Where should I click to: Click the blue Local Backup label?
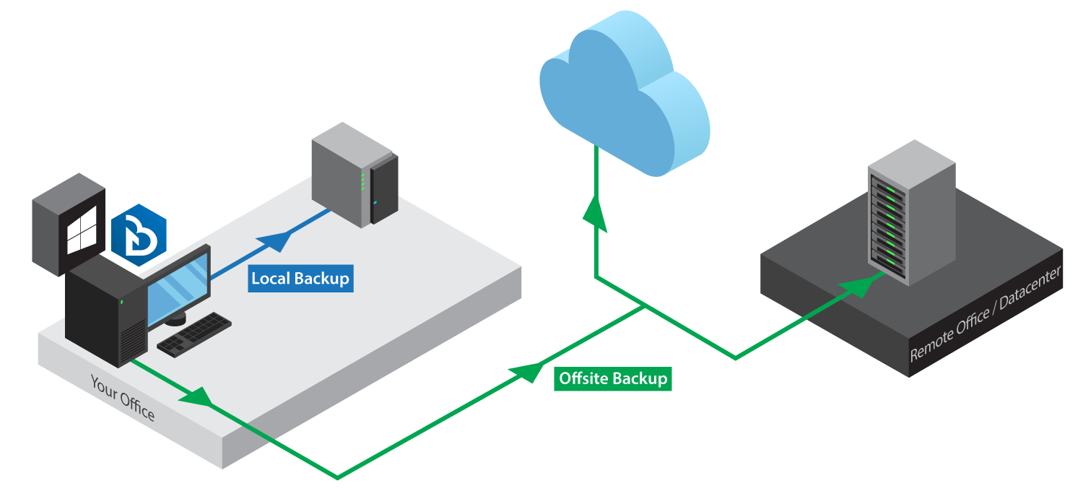pos(300,278)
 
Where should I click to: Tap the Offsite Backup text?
pos(613,378)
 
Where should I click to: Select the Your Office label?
pos(122,397)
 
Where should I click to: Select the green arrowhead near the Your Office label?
pos(199,396)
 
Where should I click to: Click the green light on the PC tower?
pos(122,302)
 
